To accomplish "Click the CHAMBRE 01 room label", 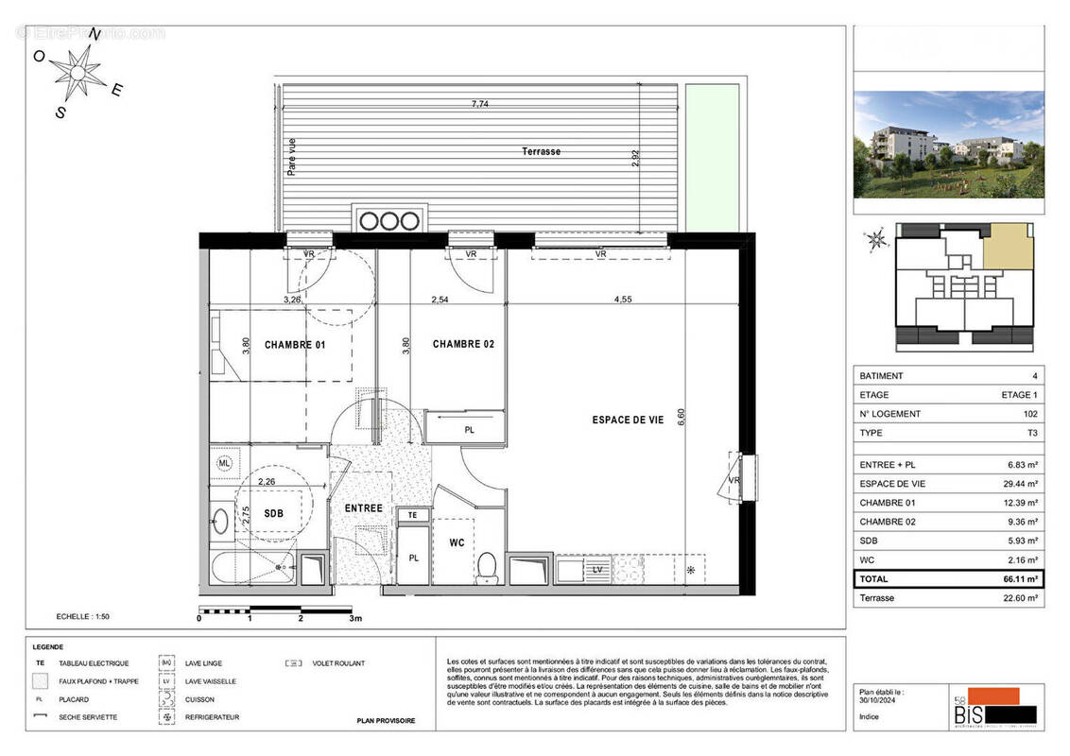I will point(294,345).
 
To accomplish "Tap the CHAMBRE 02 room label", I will point(463,345).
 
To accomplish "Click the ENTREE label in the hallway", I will point(364,508).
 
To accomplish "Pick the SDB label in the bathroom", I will point(273,514).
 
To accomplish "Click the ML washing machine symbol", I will point(224,463).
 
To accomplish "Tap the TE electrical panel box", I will point(412,515).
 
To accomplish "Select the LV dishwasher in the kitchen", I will point(597,570).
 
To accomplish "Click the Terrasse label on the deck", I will point(542,151).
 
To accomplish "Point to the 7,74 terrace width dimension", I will point(482,105).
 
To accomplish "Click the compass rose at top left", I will point(78,71).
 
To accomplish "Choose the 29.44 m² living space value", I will point(1019,484).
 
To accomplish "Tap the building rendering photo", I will point(948,144).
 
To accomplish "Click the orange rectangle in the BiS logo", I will point(986,696).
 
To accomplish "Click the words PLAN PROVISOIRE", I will point(386,721).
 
